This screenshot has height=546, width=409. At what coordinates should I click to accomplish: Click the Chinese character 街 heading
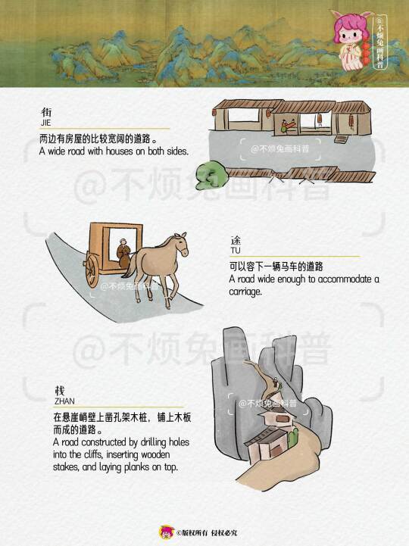click(46, 112)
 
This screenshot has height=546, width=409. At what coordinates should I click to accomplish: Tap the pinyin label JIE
click(45, 123)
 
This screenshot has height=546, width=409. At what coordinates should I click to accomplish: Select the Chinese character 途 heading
click(236, 240)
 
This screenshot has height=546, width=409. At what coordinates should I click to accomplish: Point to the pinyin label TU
click(235, 251)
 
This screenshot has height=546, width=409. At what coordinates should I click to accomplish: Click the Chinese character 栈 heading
click(60, 391)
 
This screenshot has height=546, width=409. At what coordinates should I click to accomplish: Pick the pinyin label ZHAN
click(64, 401)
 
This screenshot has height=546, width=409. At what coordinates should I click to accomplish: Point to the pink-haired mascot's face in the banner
click(348, 36)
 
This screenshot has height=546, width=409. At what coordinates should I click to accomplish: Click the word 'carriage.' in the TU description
click(245, 292)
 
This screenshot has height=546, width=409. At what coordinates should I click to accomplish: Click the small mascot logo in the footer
click(167, 532)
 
